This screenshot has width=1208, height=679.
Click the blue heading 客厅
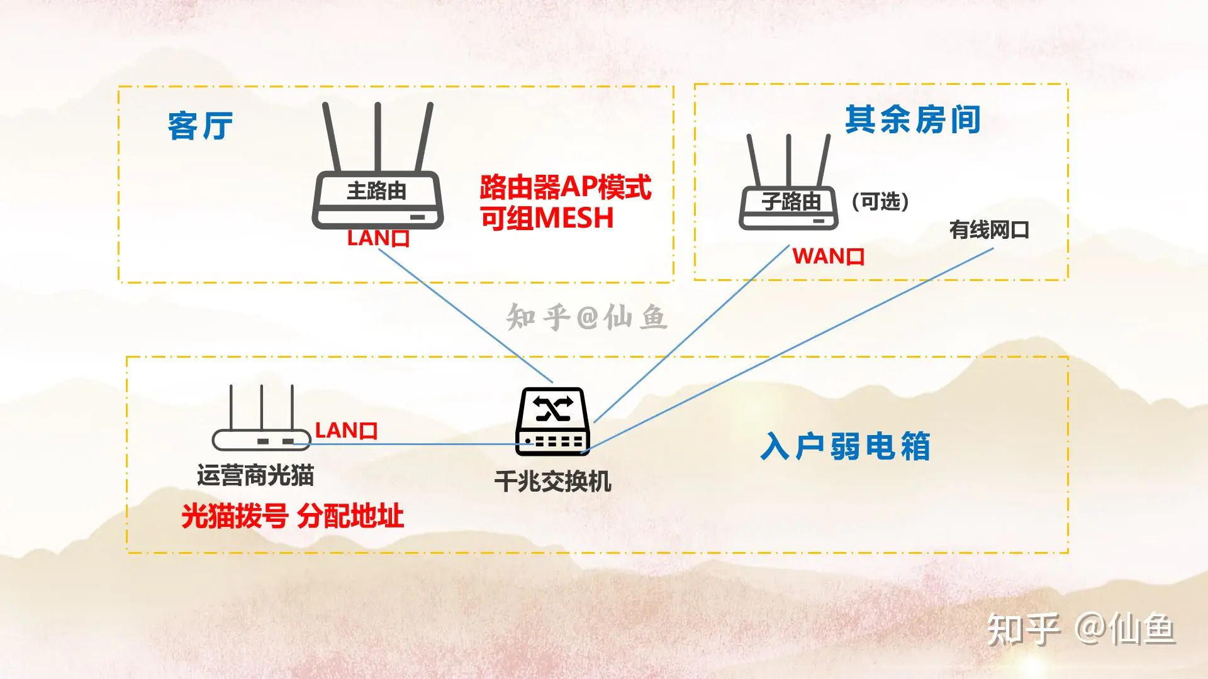(200, 126)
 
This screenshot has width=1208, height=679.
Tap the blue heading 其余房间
(912, 119)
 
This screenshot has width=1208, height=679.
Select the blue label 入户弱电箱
(845, 446)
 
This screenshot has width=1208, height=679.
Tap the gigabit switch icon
(552, 421)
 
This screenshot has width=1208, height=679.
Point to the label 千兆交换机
(552, 482)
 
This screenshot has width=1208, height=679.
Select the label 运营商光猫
(255, 475)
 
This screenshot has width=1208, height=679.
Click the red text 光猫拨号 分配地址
(293, 517)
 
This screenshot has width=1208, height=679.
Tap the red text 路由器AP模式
(565, 187)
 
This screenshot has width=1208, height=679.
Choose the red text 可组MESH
(547, 218)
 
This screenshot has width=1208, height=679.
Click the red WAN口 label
(828, 257)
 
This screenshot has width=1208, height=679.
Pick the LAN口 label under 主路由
(378, 238)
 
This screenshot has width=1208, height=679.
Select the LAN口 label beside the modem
(346, 431)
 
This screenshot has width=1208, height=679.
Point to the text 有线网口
(989, 230)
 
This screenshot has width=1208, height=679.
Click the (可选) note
(880, 202)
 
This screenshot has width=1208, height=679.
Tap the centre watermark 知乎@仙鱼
(586, 317)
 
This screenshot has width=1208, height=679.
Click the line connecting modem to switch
(415, 444)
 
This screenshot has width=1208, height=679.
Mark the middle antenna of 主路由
(377, 135)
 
